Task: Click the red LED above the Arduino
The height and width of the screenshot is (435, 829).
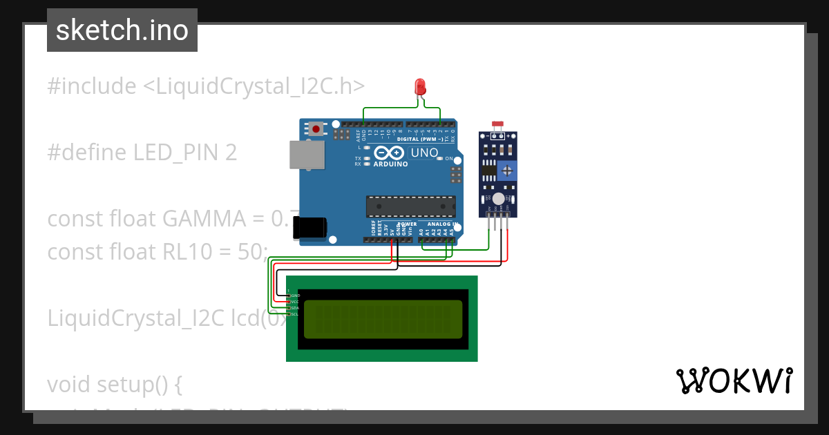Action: [x=420, y=87]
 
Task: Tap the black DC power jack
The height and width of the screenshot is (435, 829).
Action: [x=309, y=228]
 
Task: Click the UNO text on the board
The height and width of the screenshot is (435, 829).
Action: [x=424, y=153]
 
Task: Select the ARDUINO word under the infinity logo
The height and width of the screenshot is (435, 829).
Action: [x=390, y=164]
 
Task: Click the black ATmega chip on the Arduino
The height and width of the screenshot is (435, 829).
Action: [x=410, y=206]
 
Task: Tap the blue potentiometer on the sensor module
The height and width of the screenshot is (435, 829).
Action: [x=508, y=170]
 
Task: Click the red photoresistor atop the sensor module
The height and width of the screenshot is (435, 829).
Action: [x=497, y=124]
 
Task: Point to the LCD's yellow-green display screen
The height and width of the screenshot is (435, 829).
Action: [x=383, y=319]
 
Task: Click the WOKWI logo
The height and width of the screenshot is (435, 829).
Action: [x=734, y=381]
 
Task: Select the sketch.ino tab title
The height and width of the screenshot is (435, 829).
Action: [x=122, y=30]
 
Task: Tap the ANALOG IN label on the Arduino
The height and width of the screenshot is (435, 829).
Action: [x=439, y=224]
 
